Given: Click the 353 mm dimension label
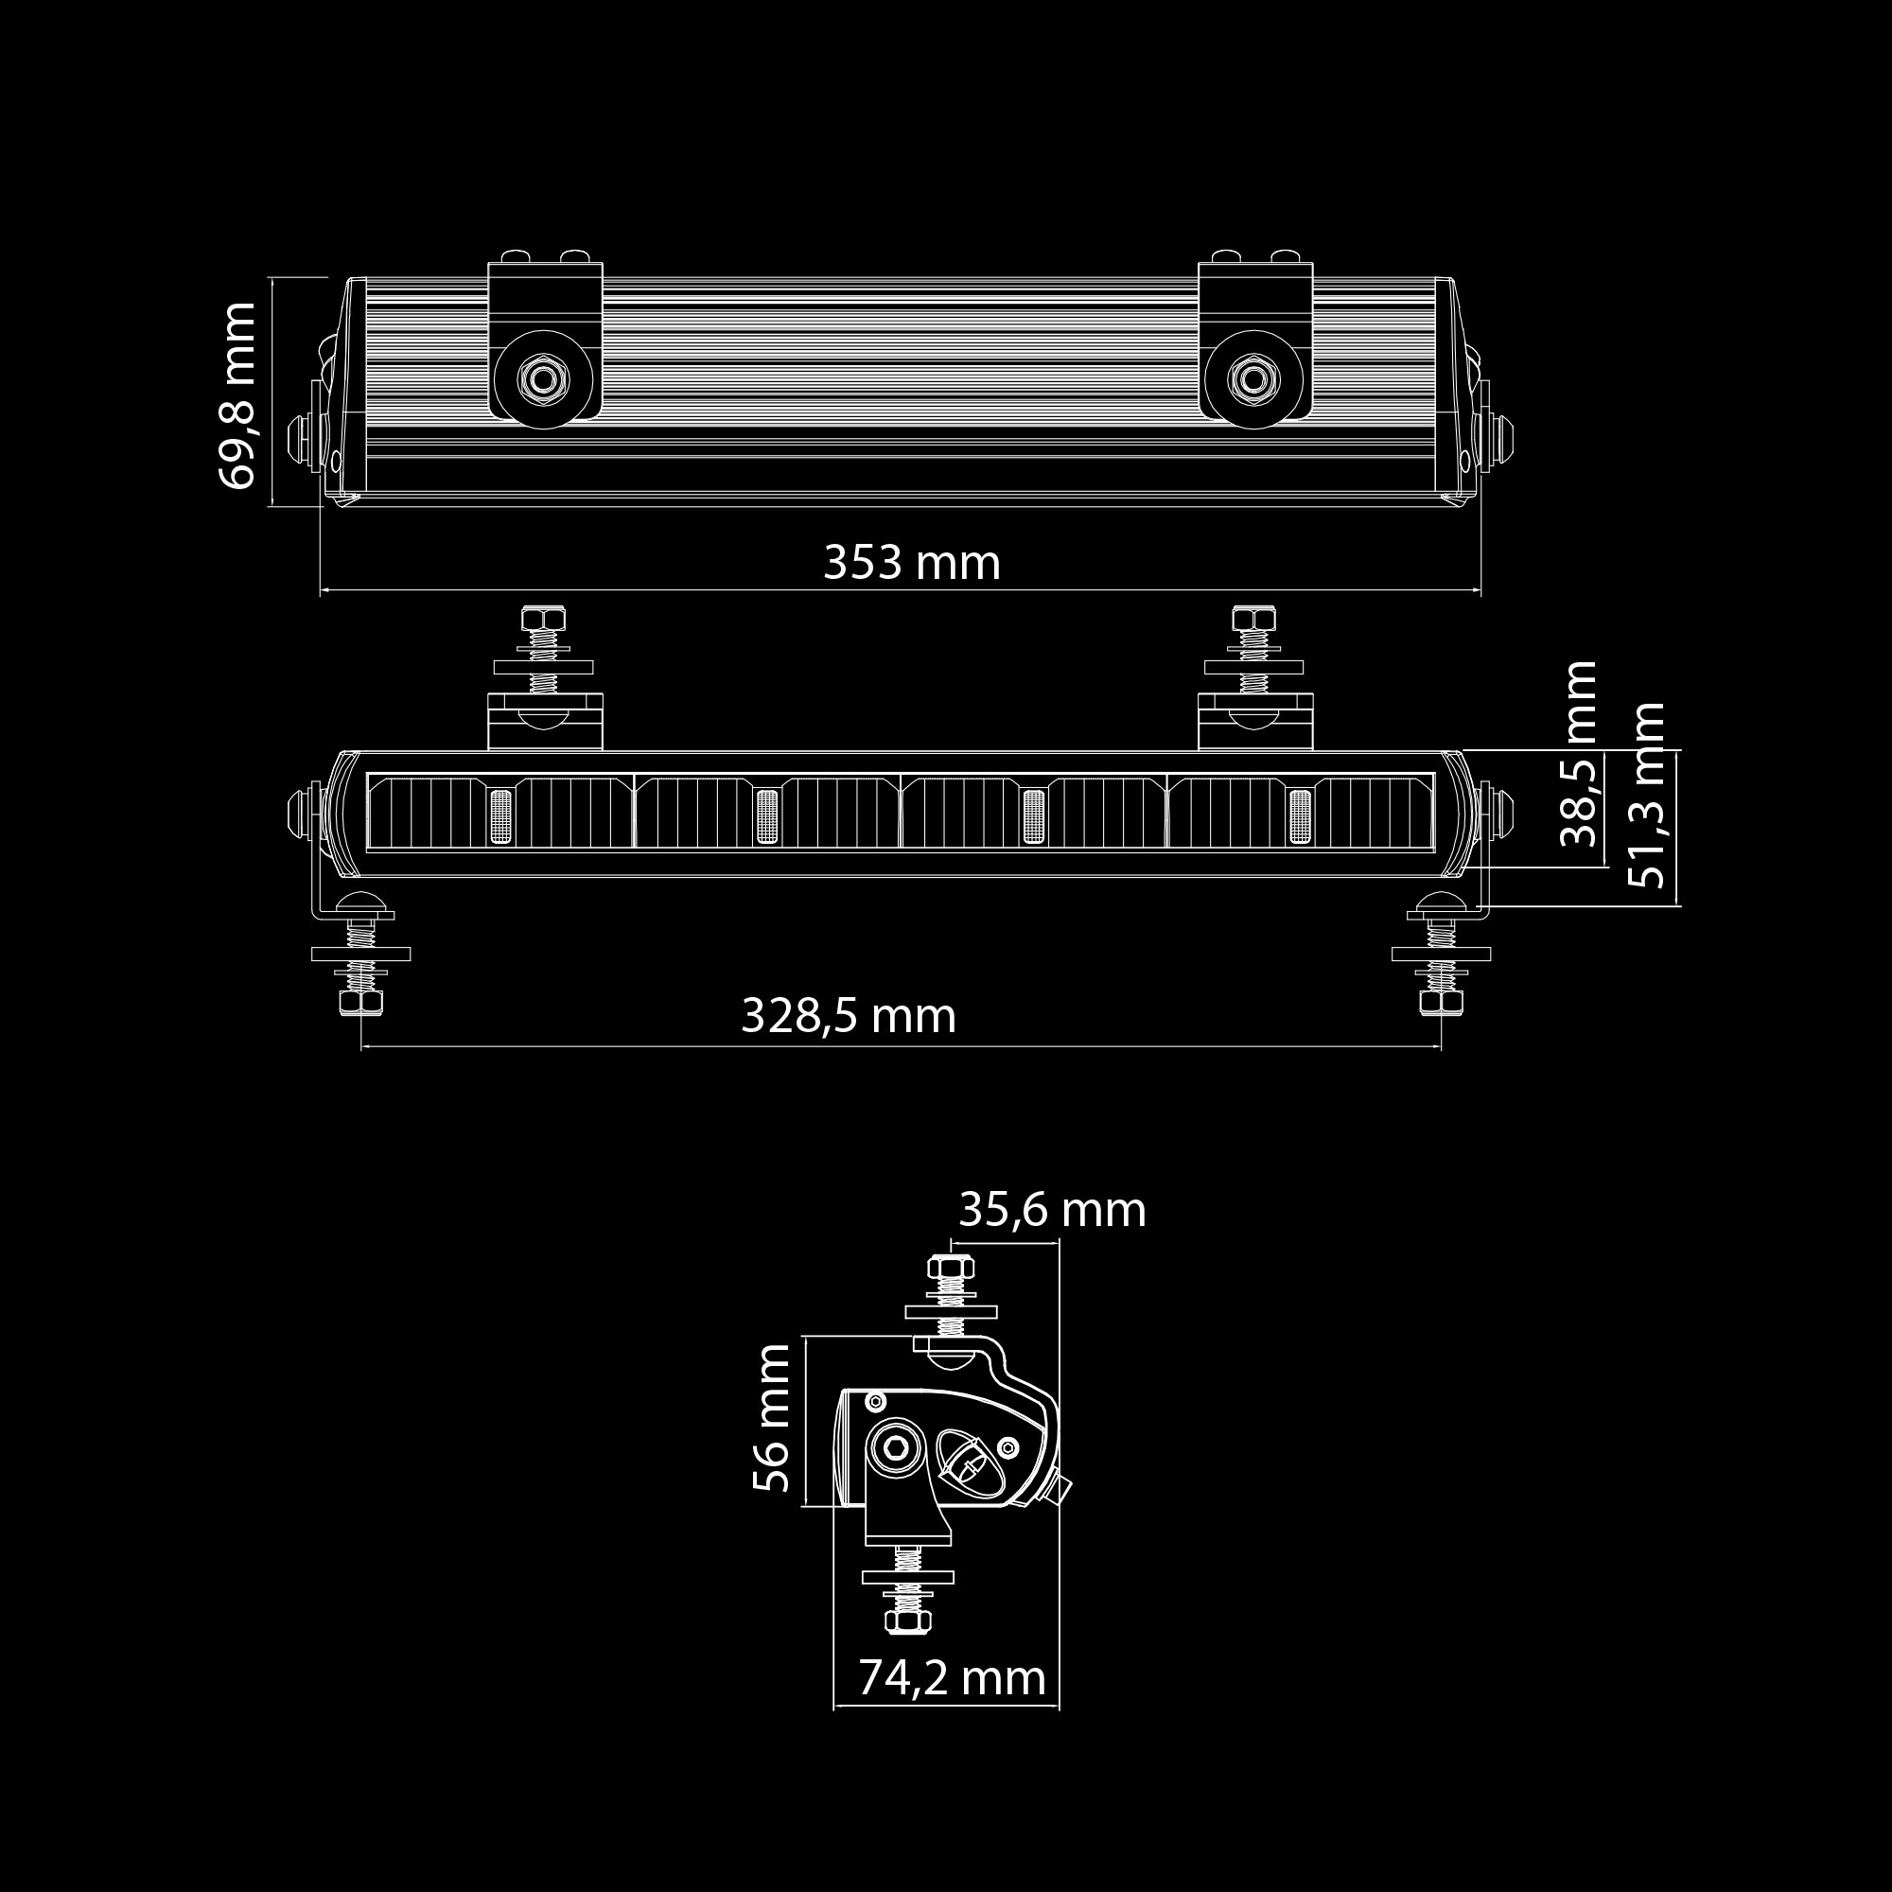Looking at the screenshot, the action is point(912,563).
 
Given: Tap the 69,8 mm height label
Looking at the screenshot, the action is point(237,394).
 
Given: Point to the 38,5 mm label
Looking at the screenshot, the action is point(1578,753).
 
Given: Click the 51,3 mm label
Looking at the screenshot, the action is point(1646,795).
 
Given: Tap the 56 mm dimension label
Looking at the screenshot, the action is point(771,1417).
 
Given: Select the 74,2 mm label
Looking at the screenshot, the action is point(952,1678).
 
